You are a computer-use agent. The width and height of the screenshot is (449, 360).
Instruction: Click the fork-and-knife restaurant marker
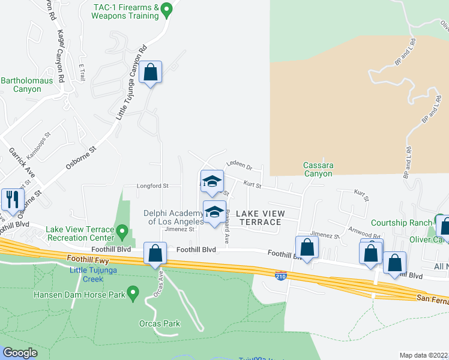(11, 199)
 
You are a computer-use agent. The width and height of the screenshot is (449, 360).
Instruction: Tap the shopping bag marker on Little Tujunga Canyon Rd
(150, 73)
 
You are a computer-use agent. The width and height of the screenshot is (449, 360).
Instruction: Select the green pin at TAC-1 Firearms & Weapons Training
(168, 10)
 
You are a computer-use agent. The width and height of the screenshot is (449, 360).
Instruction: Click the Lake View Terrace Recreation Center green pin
(122, 230)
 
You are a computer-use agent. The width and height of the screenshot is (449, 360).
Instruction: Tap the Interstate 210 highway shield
(281, 276)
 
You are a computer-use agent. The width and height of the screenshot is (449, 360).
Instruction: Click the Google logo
(19, 353)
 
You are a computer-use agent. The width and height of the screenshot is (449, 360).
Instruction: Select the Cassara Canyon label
(318, 169)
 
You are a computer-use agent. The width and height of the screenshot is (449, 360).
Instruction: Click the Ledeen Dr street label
(239, 166)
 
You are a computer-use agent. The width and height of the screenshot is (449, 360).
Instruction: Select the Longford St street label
(152, 186)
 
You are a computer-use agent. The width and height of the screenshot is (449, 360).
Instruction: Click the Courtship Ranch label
(400, 223)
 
